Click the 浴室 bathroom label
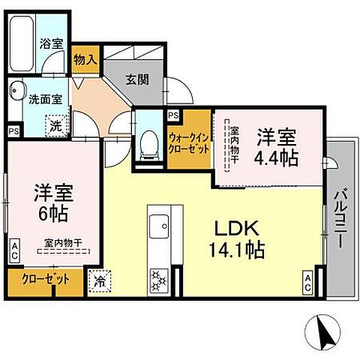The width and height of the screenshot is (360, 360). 52,43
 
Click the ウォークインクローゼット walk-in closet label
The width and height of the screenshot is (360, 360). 188,142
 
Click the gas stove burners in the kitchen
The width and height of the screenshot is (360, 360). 160,279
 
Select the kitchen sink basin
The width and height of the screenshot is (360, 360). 160,225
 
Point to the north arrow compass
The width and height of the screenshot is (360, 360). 321,329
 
